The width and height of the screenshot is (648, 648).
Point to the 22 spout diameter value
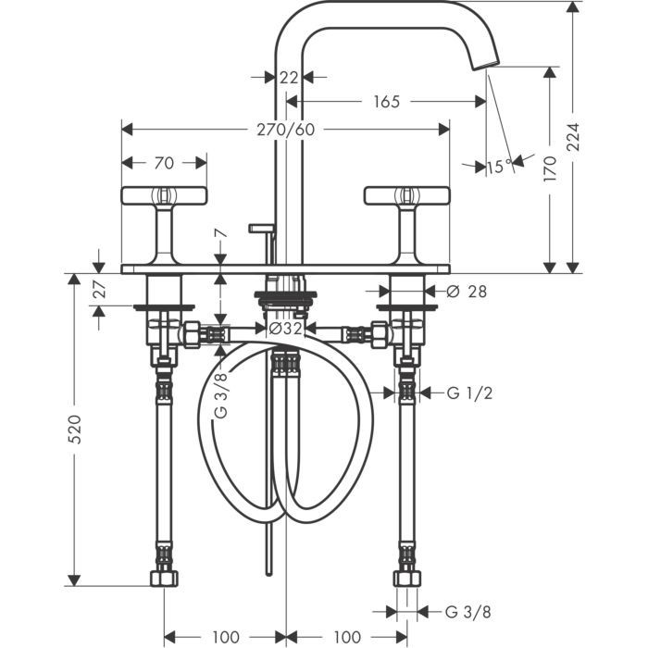click(x=289, y=77)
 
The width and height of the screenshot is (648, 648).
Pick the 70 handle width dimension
click(x=164, y=163)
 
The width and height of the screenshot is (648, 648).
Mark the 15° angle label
click(x=498, y=167)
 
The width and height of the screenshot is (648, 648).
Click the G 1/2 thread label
click(x=469, y=393)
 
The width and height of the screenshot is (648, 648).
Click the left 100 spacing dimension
click(x=225, y=637)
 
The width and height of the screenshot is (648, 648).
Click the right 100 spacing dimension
click(x=345, y=637)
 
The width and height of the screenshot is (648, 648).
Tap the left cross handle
click(x=163, y=195)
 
